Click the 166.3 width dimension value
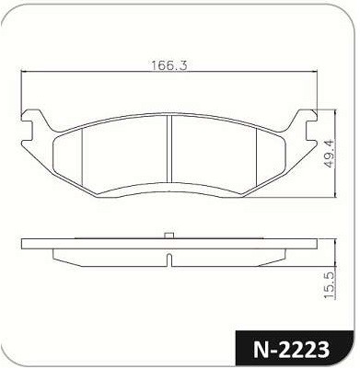(168, 65)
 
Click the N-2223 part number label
(292, 350)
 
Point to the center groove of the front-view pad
(168, 148)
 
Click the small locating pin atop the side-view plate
(169, 236)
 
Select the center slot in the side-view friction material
(169, 259)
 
